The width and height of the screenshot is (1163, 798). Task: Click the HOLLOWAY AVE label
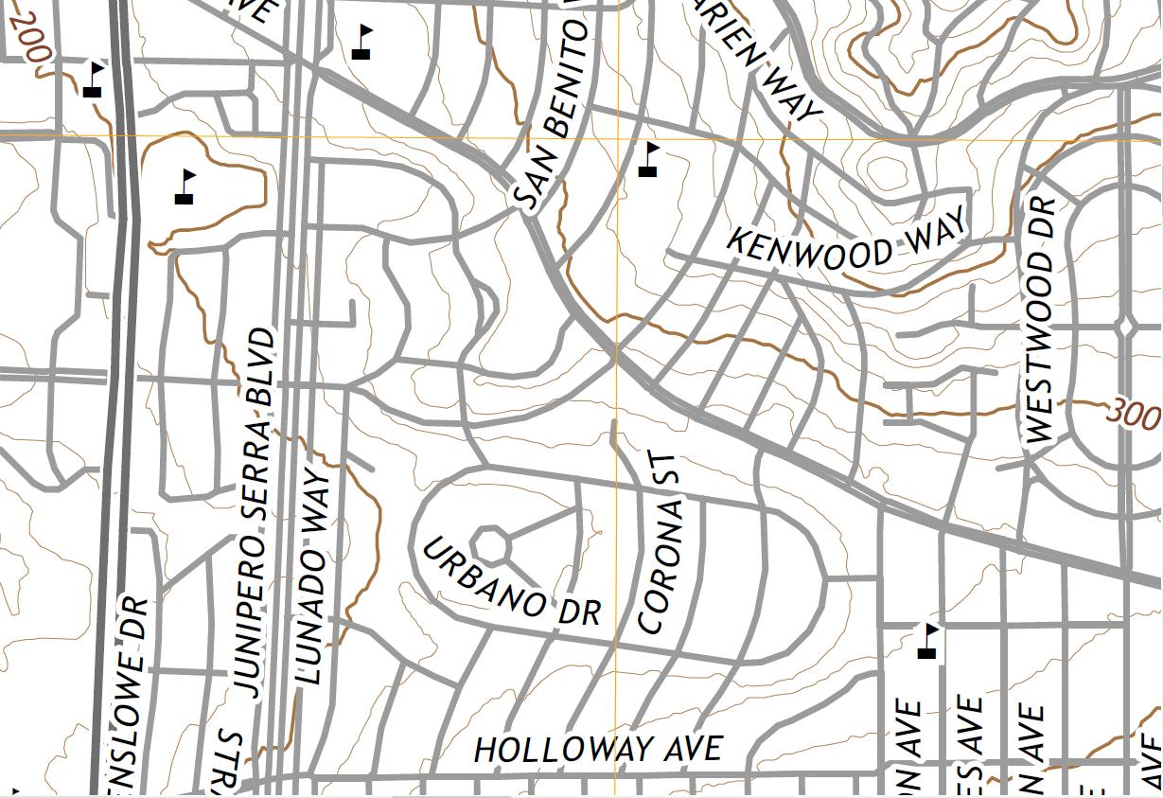tap(598, 749)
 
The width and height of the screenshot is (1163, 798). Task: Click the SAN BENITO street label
tap(551, 114)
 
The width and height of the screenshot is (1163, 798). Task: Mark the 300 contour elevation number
tap(1132, 414)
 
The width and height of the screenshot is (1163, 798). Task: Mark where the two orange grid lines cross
tap(617, 137)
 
